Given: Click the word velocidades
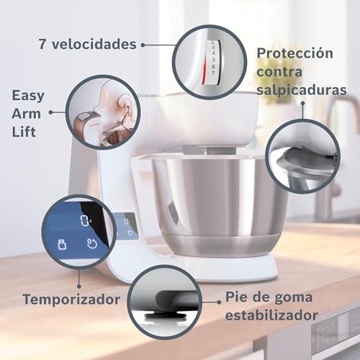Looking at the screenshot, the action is (94, 44).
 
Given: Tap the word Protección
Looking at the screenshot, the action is (295, 53).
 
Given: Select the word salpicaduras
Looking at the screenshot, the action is (302, 91).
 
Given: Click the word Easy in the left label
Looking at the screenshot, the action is (28, 96).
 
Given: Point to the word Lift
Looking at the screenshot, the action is (24, 132).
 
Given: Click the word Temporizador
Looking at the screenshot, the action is (71, 300).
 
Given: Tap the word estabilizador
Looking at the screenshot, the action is (271, 315).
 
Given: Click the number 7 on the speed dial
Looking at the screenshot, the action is (213, 73).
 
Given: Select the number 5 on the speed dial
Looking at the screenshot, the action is (213, 60).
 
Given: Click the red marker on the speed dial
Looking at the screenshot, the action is (204, 71).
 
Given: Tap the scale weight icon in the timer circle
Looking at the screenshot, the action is (62, 244).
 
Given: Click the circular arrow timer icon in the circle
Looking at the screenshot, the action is (92, 243).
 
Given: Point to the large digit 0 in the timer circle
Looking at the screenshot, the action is (84, 220).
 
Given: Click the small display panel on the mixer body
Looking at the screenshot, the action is (126, 226).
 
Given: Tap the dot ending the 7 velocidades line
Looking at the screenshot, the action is (143, 45).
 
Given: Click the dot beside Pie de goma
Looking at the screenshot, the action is (219, 302).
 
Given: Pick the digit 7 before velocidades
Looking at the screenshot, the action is (42, 44).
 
